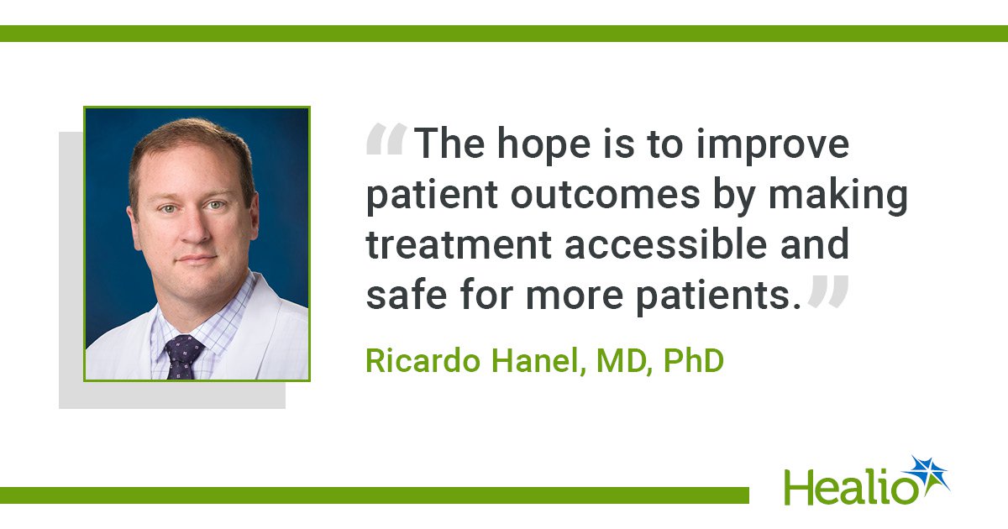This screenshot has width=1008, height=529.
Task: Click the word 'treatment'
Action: click(459, 245)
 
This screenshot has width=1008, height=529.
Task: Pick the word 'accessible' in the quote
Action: click(666, 244)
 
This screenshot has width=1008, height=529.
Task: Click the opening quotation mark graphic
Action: click(386, 140)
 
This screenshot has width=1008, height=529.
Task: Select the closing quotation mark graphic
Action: click(828, 291)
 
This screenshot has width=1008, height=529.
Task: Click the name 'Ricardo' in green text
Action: click(423, 361)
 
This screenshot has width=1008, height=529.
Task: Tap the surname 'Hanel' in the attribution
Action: click(539, 362)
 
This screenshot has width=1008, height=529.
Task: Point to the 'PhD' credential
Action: click(694, 361)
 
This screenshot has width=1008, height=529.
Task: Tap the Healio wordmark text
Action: click(850, 488)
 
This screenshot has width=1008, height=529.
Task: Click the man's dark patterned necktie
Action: click(183, 357)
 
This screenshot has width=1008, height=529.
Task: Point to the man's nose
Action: click(195, 229)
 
